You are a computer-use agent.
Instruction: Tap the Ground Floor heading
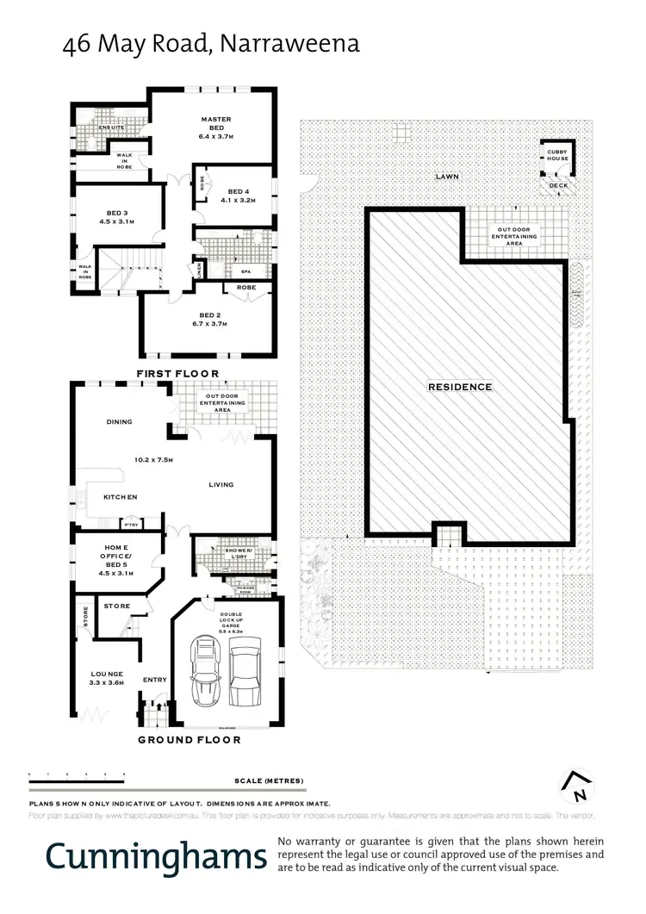coord(189,739)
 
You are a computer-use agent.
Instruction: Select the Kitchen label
coord(121,497)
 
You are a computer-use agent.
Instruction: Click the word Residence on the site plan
coord(460,387)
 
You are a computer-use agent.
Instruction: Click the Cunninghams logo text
coord(156,856)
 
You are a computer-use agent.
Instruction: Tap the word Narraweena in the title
coord(290,43)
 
